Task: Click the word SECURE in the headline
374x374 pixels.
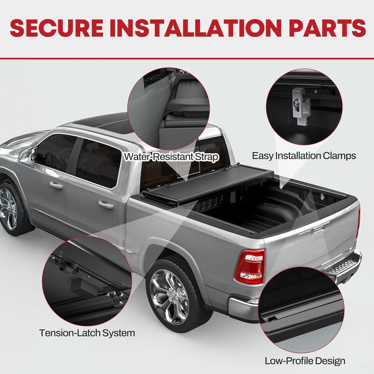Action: pyautogui.click(x=57, y=28)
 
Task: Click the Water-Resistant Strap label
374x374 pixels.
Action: pyautogui.click(x=171, y=157)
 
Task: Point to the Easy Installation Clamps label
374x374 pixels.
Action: pyautogui.click(x=304, y=156)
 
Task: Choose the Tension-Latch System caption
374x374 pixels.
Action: pyautogui.click(x=87, y=333)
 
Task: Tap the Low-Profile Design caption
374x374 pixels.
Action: pyautogui.click(x=305, y=361)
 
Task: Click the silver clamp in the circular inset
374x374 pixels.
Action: pyautogui.click(x=301, y=105)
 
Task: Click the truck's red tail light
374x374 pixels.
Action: pyautogui.click(x=250, y=266)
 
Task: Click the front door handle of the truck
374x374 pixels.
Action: pyautogui.click(x=56, y=185)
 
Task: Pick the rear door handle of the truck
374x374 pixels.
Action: pyautogui.click(x=106, y=204)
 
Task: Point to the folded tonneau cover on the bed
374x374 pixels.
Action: pyautogui.click(x=208, y=182)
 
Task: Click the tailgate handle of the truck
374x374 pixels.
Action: pyautogui.click(x=318, y=230)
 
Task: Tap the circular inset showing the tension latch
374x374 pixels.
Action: pyautogui.click(x=87, y=281)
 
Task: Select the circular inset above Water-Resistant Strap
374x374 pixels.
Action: pyautogui.click(x=169, y=108)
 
